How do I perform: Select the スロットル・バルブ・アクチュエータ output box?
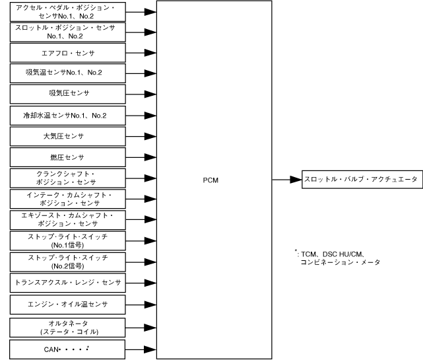click(x=362, y=179)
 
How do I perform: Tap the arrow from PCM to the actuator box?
click(x=286, y=179)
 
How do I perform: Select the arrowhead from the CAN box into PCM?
click(x=151, y=347)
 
